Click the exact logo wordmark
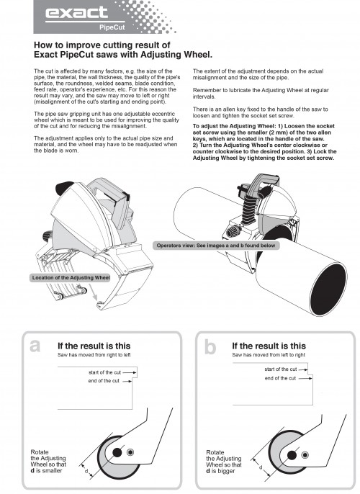click(76, 13)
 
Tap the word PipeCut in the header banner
click(112, 27)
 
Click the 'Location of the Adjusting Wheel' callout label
click(71, 278)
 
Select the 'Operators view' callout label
click(216, 246)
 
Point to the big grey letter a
click(35, 346)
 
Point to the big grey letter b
click(210, 347)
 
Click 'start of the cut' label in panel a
click(104, 372)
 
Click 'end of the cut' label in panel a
click(104, 381)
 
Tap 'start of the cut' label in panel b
click(281, 369)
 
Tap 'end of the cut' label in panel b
click(280, 378)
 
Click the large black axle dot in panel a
click(117, 453)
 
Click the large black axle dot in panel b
click(292, 455)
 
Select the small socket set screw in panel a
click(130, 452)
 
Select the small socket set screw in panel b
click(305, 455)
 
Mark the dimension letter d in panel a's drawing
click(86, 471)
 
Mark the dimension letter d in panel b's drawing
click(261, 467)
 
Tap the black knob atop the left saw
click(65, 188)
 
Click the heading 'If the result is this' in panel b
click(269, 346)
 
